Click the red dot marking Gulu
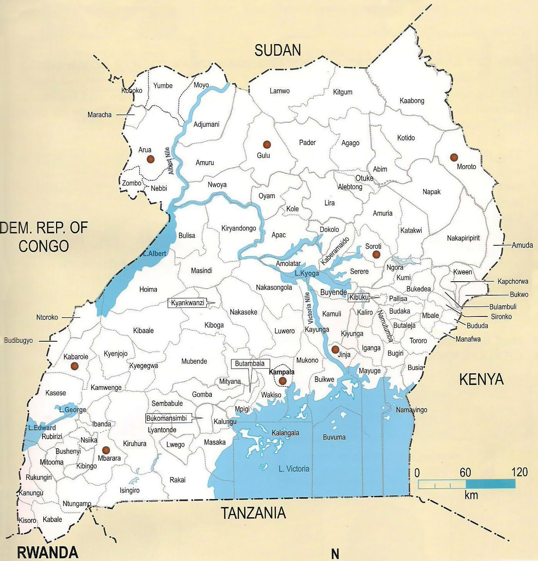pyautogui.click(x=266, y=145)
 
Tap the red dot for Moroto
pyautogui.click(x=454, y=157)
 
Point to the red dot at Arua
pyautogui.click(x=150, y=159)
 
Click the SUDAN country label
pyautogui.click(x=278, y=50)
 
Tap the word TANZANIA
pyautogui.click(x=254, y=513)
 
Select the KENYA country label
pyautogui.click(x=481, y=380)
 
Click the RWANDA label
pyautogui.click(x=48, y=552)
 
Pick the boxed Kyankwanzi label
pyautogui.click(x=188, y=303)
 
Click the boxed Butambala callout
pyautogui.click(x=250, y=364)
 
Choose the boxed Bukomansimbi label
pyautogui.click(x=167, y=418)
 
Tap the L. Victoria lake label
pyautogui.click(x=294, y=469)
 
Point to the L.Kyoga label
pyautogui.click(x=307, y=274)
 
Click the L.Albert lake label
pyautogui.click(x=154, y=254)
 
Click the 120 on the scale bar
pyautogui.click(x=519, y=472)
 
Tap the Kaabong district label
pyautogui.click(x=412, y=101)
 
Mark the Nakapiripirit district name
pyautogui.click(x=463, y=238)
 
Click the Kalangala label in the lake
pyautogui.click(x=285, y=433)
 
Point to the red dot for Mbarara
pyautogui.click(x=106, y=450)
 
